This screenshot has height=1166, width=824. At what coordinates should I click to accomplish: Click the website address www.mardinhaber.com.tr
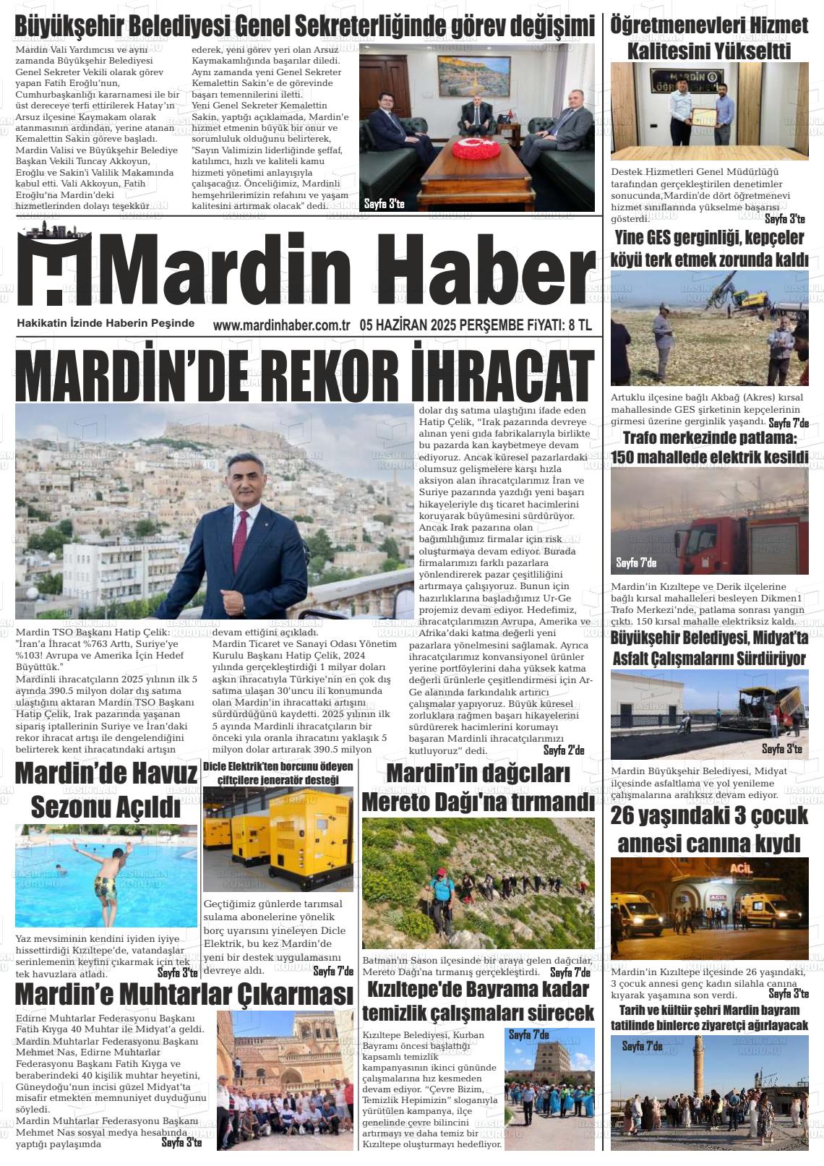tap(281, 325)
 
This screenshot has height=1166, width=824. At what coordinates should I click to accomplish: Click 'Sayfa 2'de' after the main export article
tap(564, 751)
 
